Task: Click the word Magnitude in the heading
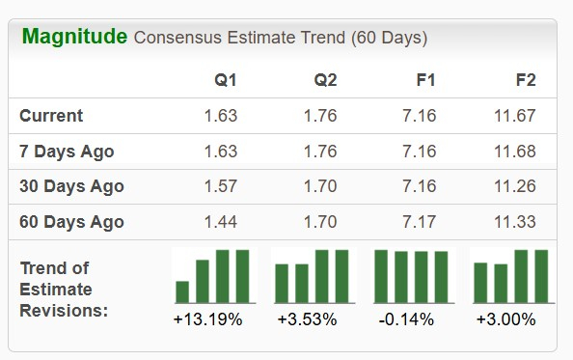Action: [74, 38]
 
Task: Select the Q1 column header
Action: [226, 80]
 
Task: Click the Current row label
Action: [51, 116]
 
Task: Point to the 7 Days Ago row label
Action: [67, 152]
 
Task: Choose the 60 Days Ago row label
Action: [71, 222]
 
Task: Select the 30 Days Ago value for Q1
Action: [220, 186]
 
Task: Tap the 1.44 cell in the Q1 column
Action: [220, 222]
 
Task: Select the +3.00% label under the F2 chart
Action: [506, 319]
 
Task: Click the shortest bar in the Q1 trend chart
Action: [182, 291]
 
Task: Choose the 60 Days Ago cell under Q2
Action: [319, 222]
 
